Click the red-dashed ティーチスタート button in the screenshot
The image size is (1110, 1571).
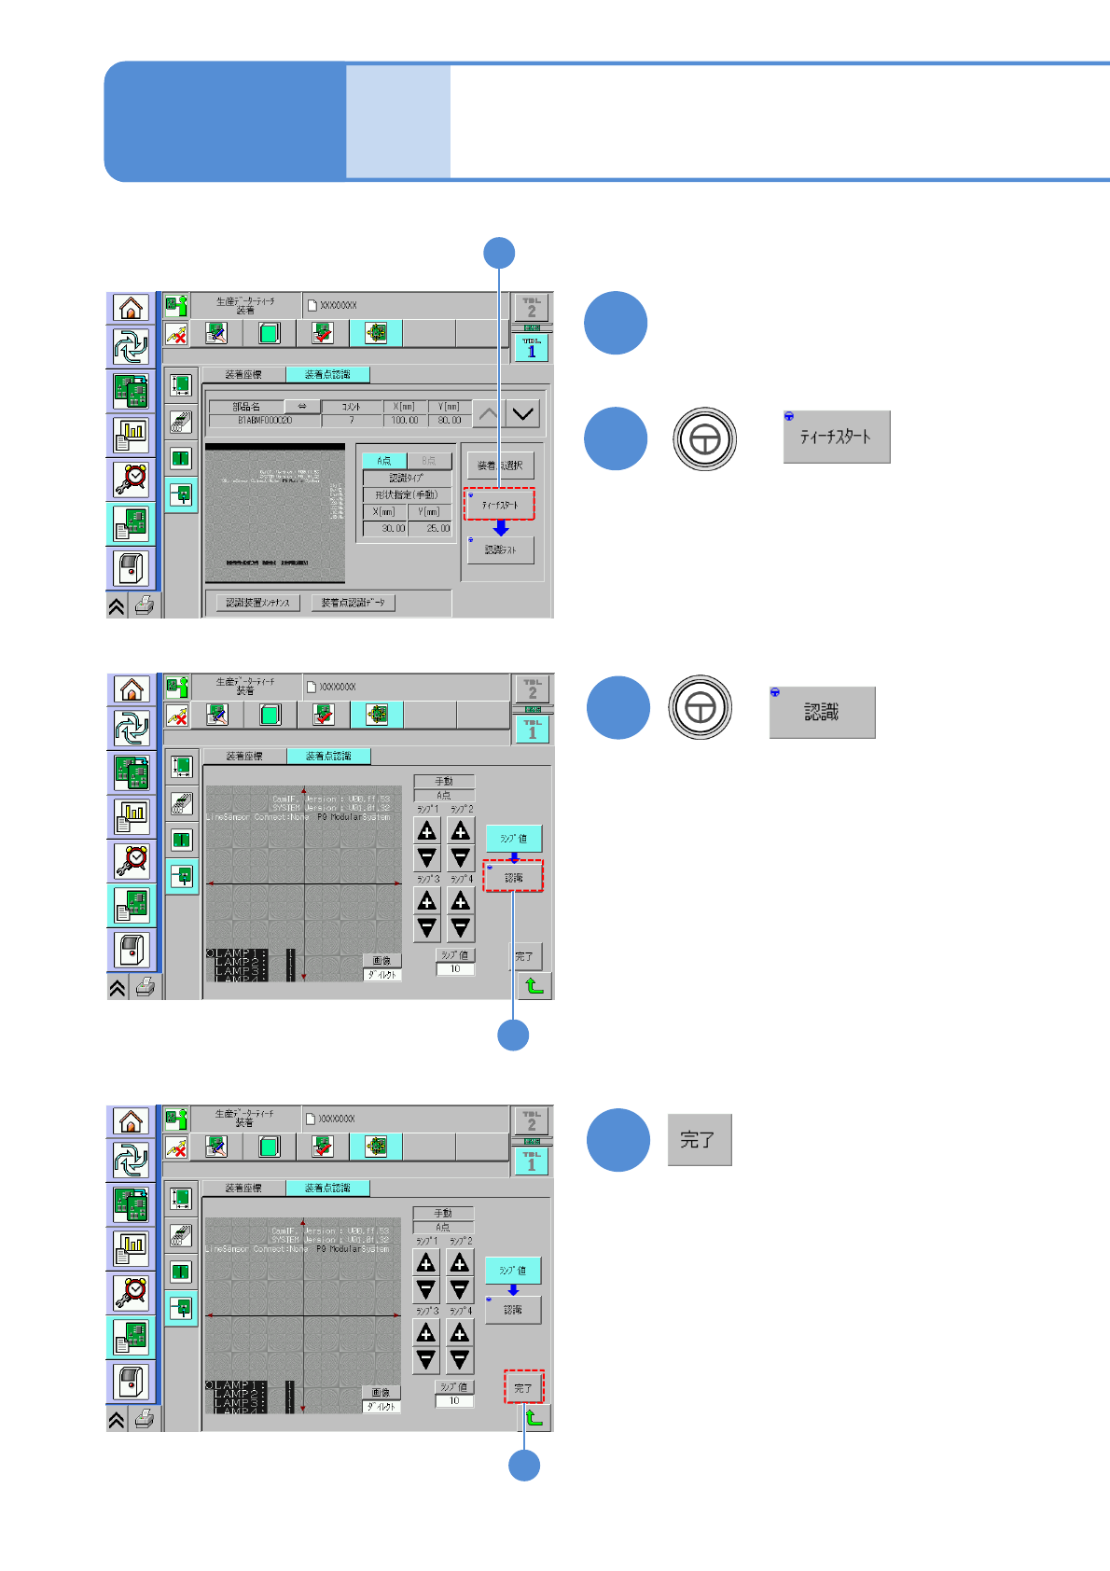(500, 505)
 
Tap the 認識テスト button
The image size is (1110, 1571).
(501, 550)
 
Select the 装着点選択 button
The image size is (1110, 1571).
(501, 465)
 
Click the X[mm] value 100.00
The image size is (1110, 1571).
(404, 421)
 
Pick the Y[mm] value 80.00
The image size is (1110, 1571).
(450, 421)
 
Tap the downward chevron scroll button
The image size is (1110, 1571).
(522, 413)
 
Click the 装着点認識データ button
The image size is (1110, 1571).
(353, 603)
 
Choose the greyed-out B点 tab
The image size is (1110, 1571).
(429, 461)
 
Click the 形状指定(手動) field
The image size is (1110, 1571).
(407, 494)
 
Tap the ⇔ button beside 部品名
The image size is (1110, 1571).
(302, 407)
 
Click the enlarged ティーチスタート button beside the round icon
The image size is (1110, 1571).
(837, 437)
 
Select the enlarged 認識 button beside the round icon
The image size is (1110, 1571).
(822, 713)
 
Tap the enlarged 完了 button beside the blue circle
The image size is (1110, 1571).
(699, 1140)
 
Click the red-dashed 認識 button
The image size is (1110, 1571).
(514, 877)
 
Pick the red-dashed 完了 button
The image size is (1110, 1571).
(523, 1387)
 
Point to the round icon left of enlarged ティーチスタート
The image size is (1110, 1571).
(705, 438)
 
